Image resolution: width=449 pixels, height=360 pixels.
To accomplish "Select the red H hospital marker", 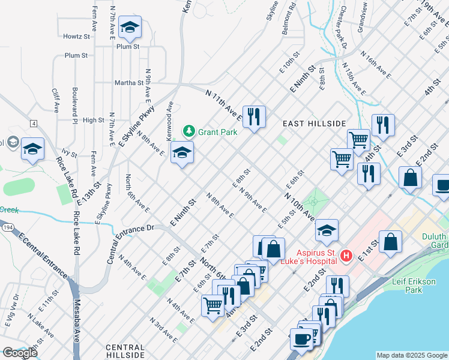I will pos(346,256).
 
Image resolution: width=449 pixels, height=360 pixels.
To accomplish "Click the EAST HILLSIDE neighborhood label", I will pos(315,124).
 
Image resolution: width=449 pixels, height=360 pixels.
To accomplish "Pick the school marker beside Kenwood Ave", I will pos(182,153).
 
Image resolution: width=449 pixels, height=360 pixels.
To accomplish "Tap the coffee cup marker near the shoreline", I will pos(301,338).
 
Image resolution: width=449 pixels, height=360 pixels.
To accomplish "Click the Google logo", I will pos(19,353).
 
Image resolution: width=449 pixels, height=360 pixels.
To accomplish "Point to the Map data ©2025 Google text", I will pos(411,355).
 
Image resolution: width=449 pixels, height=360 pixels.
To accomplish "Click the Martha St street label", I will pos(131,83).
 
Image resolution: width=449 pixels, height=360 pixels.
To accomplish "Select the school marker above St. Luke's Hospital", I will pos(327,230).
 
